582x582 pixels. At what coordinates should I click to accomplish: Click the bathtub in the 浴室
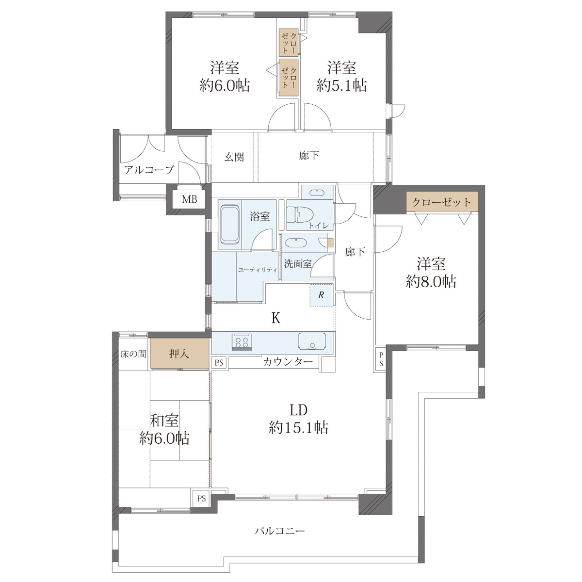pos(230,225)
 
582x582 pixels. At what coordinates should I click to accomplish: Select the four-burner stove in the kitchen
pos(242,341)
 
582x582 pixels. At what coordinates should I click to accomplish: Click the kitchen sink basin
pos(312,341)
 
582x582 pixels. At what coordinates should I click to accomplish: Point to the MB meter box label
pos(189,199)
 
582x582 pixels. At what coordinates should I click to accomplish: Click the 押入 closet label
pos(179,353)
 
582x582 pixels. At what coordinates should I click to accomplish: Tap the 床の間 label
pos(133,354)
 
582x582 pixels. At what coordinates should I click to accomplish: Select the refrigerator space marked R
pos(321,295)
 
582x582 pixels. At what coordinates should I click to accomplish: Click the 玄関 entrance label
pos(234,157)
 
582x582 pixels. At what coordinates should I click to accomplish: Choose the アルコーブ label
pos(149,170)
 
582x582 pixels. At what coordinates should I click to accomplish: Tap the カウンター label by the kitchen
pos(288,361)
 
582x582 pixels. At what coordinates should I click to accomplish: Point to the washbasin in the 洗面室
pos(296,243)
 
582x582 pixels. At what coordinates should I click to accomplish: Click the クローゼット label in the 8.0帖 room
pos(441,202)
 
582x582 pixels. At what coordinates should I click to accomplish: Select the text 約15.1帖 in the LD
pos(298,428)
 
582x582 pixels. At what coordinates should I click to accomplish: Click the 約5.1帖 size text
pos(342,85)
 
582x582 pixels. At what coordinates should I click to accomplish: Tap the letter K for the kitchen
pos(276,318)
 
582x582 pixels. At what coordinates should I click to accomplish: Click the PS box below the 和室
pos(201,498)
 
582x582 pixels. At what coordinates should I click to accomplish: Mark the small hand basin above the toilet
pos(317,193)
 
